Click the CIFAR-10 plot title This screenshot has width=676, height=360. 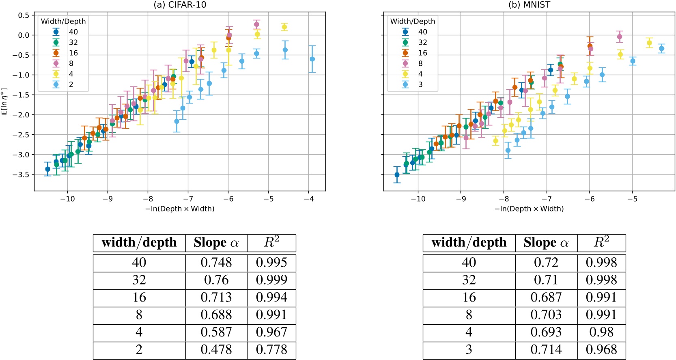click(180, 5)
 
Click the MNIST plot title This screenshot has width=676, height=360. click(529, 5)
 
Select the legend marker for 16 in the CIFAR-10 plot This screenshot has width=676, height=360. click(56, 53)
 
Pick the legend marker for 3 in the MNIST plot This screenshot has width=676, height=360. click(405, 84)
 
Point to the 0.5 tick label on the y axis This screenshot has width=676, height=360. click(24, 15)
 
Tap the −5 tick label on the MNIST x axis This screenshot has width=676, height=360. click(632, 199)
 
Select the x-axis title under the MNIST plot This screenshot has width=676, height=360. click(529, 209)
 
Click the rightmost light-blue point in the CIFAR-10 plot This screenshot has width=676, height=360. click(312, 59)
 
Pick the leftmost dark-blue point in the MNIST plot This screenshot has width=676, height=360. click(397, 175)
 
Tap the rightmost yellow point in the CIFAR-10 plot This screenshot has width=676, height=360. click(284, 27)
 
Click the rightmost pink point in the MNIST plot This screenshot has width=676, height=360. click(619, 37)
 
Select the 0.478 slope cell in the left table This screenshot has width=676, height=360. click(216, 349)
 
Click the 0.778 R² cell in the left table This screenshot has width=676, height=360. click(271, 349)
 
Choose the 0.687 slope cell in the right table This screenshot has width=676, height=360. click(546, 297)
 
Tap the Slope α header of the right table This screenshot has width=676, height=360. click(546, 243)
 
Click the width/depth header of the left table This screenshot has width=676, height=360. click(139, 243)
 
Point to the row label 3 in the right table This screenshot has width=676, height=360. click(469, 349)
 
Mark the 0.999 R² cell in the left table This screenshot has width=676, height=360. click(271, 280)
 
